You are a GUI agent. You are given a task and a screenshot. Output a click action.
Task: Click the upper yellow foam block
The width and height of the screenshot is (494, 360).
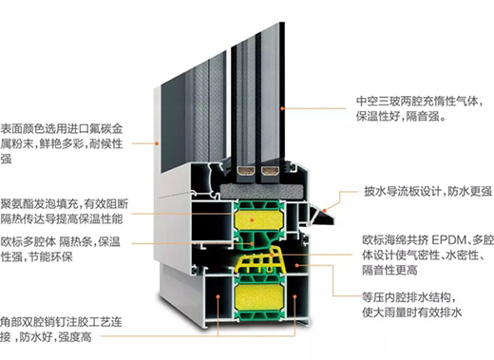point(258,219)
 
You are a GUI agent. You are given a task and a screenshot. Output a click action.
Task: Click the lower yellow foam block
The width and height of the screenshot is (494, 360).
point(258,297)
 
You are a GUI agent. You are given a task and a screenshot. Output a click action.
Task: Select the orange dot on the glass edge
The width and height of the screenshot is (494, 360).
point(282,108)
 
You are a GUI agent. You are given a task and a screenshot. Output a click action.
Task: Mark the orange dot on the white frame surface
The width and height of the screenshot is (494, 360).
point(157,143)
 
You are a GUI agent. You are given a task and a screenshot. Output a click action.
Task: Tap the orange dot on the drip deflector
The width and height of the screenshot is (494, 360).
point(325,210)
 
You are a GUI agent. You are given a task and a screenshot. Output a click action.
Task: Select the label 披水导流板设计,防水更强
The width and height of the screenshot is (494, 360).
point(427,191)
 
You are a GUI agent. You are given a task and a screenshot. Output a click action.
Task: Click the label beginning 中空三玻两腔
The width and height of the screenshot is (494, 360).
point(419,108)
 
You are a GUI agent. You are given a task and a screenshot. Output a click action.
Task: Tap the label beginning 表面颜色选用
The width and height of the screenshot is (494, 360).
point(62,143)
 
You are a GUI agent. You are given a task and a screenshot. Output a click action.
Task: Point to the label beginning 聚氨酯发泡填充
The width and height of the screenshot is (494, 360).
point(65,212)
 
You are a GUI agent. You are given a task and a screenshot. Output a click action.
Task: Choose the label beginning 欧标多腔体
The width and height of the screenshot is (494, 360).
point(60,249)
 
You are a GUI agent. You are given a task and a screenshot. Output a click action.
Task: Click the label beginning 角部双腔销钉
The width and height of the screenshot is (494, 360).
point(61,330)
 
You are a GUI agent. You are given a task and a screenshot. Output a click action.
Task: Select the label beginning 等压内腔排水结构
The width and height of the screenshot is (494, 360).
point(412,305)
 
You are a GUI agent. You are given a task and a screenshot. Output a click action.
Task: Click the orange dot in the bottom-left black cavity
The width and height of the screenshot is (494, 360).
point(218,296)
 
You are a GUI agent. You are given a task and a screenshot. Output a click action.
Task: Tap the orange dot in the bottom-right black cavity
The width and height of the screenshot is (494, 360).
point(294,296)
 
